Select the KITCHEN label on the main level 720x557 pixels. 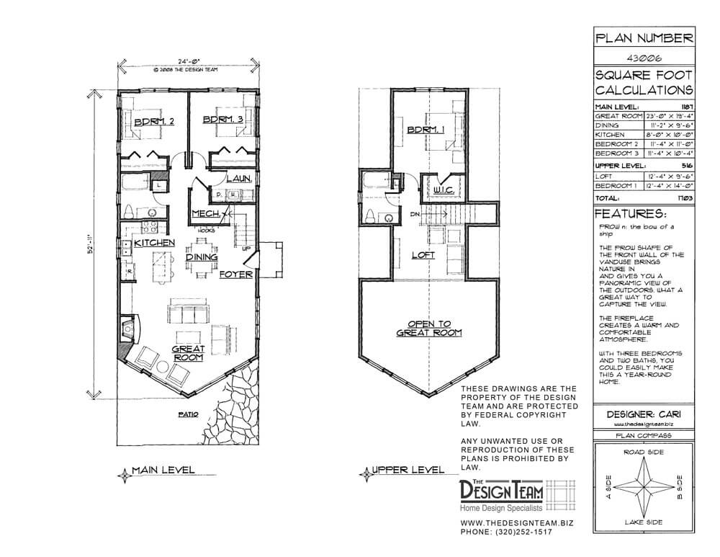point(153,244)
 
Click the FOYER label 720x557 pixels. point(234,273)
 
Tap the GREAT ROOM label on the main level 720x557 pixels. point(188,353)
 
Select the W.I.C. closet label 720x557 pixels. point(441,190)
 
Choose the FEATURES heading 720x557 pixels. point(631,215)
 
